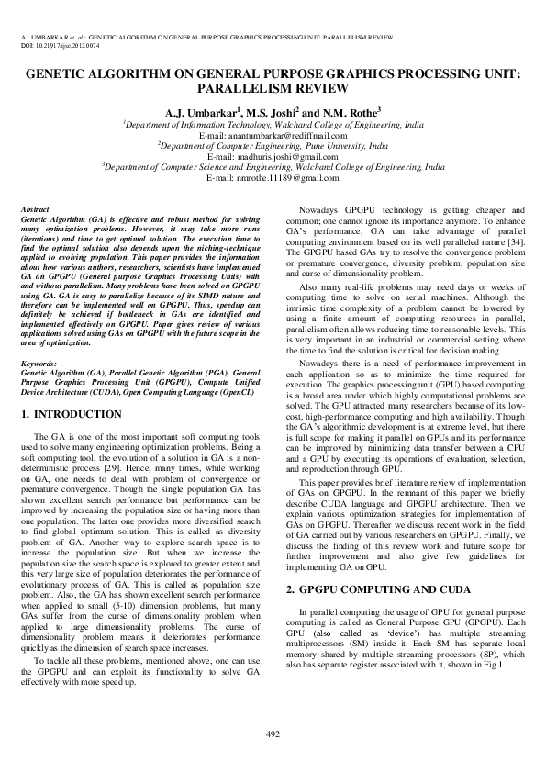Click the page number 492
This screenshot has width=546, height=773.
tap(273, 733)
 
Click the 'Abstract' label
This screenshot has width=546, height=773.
tap(35, 210)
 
